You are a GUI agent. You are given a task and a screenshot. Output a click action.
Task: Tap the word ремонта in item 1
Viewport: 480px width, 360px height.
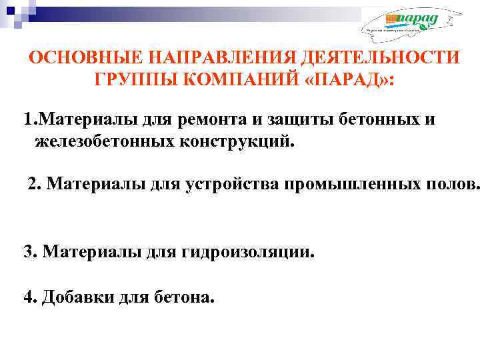[x=214, y=120]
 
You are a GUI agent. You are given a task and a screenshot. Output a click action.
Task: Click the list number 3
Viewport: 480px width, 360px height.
[x=29, y=252]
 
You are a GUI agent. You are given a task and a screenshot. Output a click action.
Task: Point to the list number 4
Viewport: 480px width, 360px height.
[x=29, y=297]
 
